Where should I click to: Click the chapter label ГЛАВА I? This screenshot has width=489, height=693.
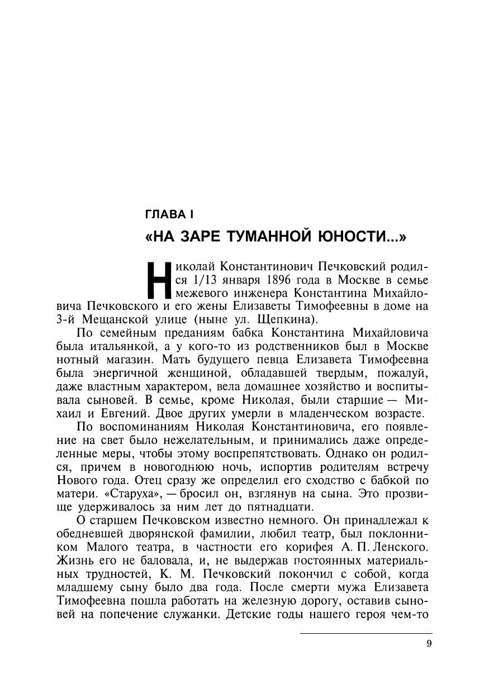point(168,213)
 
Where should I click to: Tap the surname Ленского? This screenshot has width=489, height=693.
point(397,548)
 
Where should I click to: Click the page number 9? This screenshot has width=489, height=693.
point(429,643)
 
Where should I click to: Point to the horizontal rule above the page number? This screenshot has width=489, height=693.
point(365,633)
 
